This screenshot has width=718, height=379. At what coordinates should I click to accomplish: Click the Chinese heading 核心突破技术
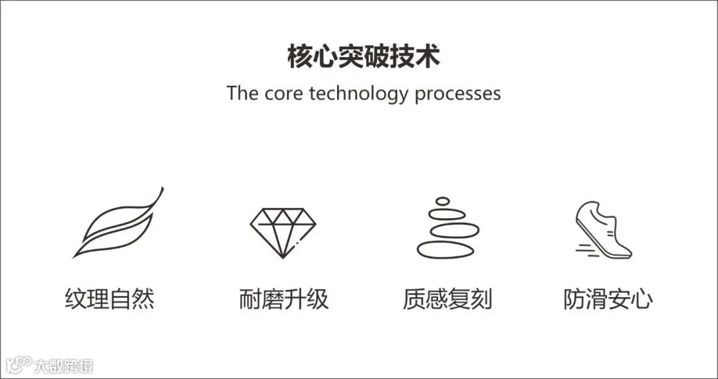tap(363, 57)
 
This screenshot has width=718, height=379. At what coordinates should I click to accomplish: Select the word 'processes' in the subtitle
tap(457, 93)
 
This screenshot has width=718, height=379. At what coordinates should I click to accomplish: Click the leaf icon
tap(118, 223)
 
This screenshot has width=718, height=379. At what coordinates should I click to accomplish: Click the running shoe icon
tap(604, 229)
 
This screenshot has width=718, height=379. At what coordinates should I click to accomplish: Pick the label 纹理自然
tap(110, 299)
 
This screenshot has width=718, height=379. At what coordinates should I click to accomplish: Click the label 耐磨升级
tap(284, 299)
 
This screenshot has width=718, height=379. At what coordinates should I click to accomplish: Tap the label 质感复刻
tap(447, 299)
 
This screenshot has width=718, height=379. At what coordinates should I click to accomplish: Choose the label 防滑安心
tap(608, 299)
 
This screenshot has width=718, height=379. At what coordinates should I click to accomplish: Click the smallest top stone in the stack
tap(443, 200)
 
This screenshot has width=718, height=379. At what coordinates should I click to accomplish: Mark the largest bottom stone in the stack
tap(445, 249)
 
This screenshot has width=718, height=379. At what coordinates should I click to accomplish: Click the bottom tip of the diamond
tap(283, 257)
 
